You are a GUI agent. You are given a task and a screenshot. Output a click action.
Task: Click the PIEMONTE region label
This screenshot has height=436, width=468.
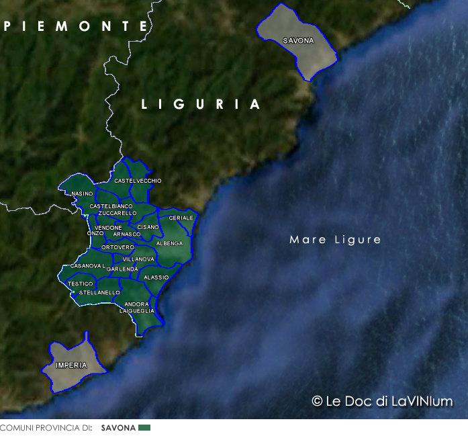[x=75, y=27]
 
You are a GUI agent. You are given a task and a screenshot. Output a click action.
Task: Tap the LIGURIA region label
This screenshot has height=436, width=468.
[x=201, y=105]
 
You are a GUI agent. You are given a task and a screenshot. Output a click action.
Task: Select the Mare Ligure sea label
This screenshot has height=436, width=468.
[x=335, y=240]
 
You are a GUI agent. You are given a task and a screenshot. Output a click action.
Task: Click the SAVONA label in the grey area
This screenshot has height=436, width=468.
[x=298, y=41]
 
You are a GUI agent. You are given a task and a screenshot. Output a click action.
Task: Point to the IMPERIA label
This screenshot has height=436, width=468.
[x=71, y=365]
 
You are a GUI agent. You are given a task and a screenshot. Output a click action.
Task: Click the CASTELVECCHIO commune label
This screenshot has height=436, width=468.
[x=138, y=181]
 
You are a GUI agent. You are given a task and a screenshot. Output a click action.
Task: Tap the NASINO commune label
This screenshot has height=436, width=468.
[x=82, y=193]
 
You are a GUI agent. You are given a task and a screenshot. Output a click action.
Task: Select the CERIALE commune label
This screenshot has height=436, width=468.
[x=181, y=218]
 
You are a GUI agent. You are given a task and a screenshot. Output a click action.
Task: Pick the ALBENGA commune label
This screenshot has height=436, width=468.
[x=169, y=243]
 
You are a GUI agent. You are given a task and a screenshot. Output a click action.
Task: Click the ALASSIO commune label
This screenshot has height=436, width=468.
[x=156, y=277]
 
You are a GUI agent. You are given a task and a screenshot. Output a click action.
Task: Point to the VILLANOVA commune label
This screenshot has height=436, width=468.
[x=138, y=259]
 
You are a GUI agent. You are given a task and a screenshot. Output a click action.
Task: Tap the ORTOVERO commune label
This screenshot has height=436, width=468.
[x=118, y=247]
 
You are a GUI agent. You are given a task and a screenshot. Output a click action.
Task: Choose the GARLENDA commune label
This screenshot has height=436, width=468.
[x=122, y=269]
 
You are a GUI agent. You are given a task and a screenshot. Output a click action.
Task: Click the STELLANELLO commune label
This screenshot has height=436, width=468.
[x=99, y=292]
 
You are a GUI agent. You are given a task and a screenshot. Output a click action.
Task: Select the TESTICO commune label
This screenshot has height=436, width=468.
[x=80, y=284]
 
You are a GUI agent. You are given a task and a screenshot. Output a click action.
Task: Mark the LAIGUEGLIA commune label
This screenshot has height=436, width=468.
[x=136, y=311]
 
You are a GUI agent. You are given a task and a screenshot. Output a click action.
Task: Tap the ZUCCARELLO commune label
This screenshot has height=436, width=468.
[x=117, y=213]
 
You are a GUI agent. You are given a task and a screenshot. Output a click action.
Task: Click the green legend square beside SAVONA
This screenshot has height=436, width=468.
[x=144, y=428]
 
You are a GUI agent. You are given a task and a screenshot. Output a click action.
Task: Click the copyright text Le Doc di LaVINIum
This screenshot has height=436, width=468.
[x=382, y=401]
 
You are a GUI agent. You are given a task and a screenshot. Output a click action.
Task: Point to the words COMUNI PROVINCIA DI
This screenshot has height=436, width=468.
[x=46, y=428]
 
